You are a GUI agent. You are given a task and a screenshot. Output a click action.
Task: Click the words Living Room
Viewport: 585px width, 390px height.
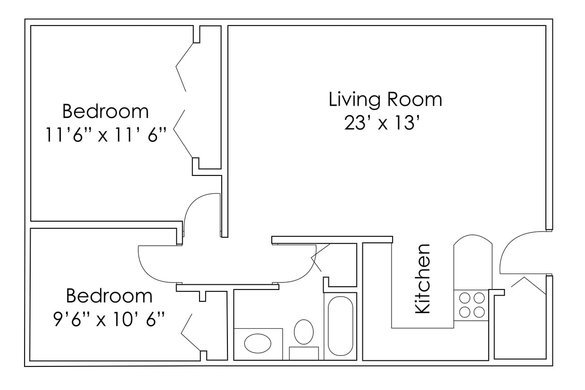385,100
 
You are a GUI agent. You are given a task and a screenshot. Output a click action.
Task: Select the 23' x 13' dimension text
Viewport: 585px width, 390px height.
382,124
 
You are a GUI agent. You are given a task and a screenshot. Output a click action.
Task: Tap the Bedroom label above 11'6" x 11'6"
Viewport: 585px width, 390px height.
105,112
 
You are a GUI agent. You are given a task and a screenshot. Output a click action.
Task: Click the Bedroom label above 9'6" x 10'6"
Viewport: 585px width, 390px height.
109,296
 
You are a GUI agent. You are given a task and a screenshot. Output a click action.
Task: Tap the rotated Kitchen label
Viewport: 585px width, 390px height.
422,279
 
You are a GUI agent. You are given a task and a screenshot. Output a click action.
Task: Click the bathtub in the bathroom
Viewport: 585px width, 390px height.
340,326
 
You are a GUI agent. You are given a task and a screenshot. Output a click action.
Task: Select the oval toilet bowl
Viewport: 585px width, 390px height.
304,332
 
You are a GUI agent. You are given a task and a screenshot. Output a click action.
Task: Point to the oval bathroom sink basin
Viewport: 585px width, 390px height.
258,343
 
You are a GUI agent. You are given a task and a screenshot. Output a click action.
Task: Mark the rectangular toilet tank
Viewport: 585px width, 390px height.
304,353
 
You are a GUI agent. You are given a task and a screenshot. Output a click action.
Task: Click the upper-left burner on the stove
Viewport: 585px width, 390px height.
465,298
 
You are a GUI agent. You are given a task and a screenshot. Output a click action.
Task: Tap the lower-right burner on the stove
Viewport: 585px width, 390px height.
479,312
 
